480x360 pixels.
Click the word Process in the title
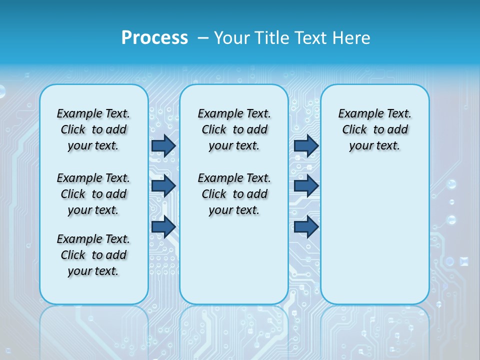click(x=154, y=38)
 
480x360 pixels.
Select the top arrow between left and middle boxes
click(x=163, y=145)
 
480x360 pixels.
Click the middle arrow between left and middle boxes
click(x=163, y=186)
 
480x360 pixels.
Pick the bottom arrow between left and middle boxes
click(x=163, y=226)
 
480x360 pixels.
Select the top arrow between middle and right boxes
click(x=306, y=145)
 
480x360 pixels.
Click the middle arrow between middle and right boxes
click(x=306, y=186)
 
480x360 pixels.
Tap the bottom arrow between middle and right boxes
click(x=306, y=226)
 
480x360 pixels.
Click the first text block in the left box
click(x=93, y=129)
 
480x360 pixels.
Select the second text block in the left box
click(x=93, y=194)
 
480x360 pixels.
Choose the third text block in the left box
click(x=93, y=255)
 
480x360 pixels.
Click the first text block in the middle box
click(x=234, y=129)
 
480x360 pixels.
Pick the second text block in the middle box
click(x=234, y=194)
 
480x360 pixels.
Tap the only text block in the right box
click(x=374, y=129)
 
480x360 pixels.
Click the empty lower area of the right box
click(x=374, y=235)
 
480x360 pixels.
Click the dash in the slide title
click(x=203, y=38)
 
